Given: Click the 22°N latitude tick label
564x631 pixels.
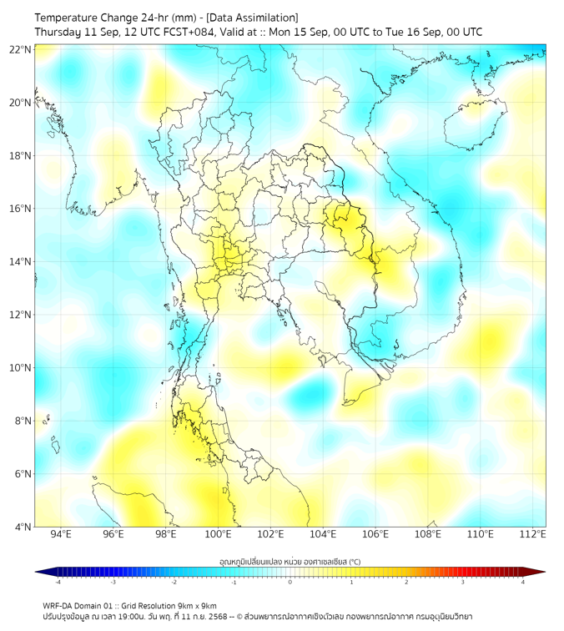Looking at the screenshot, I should (21, 49).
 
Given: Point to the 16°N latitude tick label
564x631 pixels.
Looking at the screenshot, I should (21, 209).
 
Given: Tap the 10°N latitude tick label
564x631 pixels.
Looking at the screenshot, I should (21, 368).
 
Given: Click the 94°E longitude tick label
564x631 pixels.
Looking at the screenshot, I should (61, 534).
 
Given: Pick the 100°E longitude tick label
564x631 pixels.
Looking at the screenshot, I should (218, 534).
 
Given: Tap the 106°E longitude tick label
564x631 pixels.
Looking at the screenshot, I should (375, 534).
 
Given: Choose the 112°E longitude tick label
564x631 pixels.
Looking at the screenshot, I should (532, 534).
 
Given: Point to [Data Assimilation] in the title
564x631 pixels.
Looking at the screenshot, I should (251, 17).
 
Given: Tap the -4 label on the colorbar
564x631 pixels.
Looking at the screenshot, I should (57, 582).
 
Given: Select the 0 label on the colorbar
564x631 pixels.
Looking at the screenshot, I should (290, 582).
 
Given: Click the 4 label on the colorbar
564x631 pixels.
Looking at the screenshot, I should (523, 582).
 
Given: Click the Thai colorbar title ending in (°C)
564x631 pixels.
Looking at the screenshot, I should (290, 561).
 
